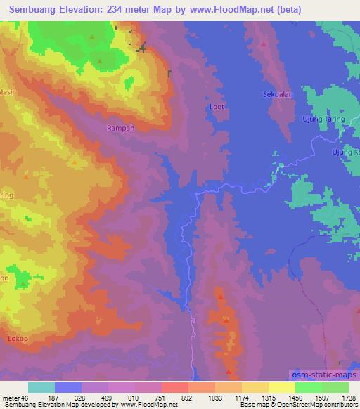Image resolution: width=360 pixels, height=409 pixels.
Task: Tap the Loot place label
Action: [217, 106]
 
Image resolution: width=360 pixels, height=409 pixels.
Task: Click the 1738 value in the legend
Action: [348, 398]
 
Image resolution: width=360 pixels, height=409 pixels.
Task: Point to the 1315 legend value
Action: [268, 398]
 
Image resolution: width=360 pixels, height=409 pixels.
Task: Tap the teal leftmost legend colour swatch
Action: [41, 387]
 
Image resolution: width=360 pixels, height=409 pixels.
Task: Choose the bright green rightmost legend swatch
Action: [335, 387]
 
